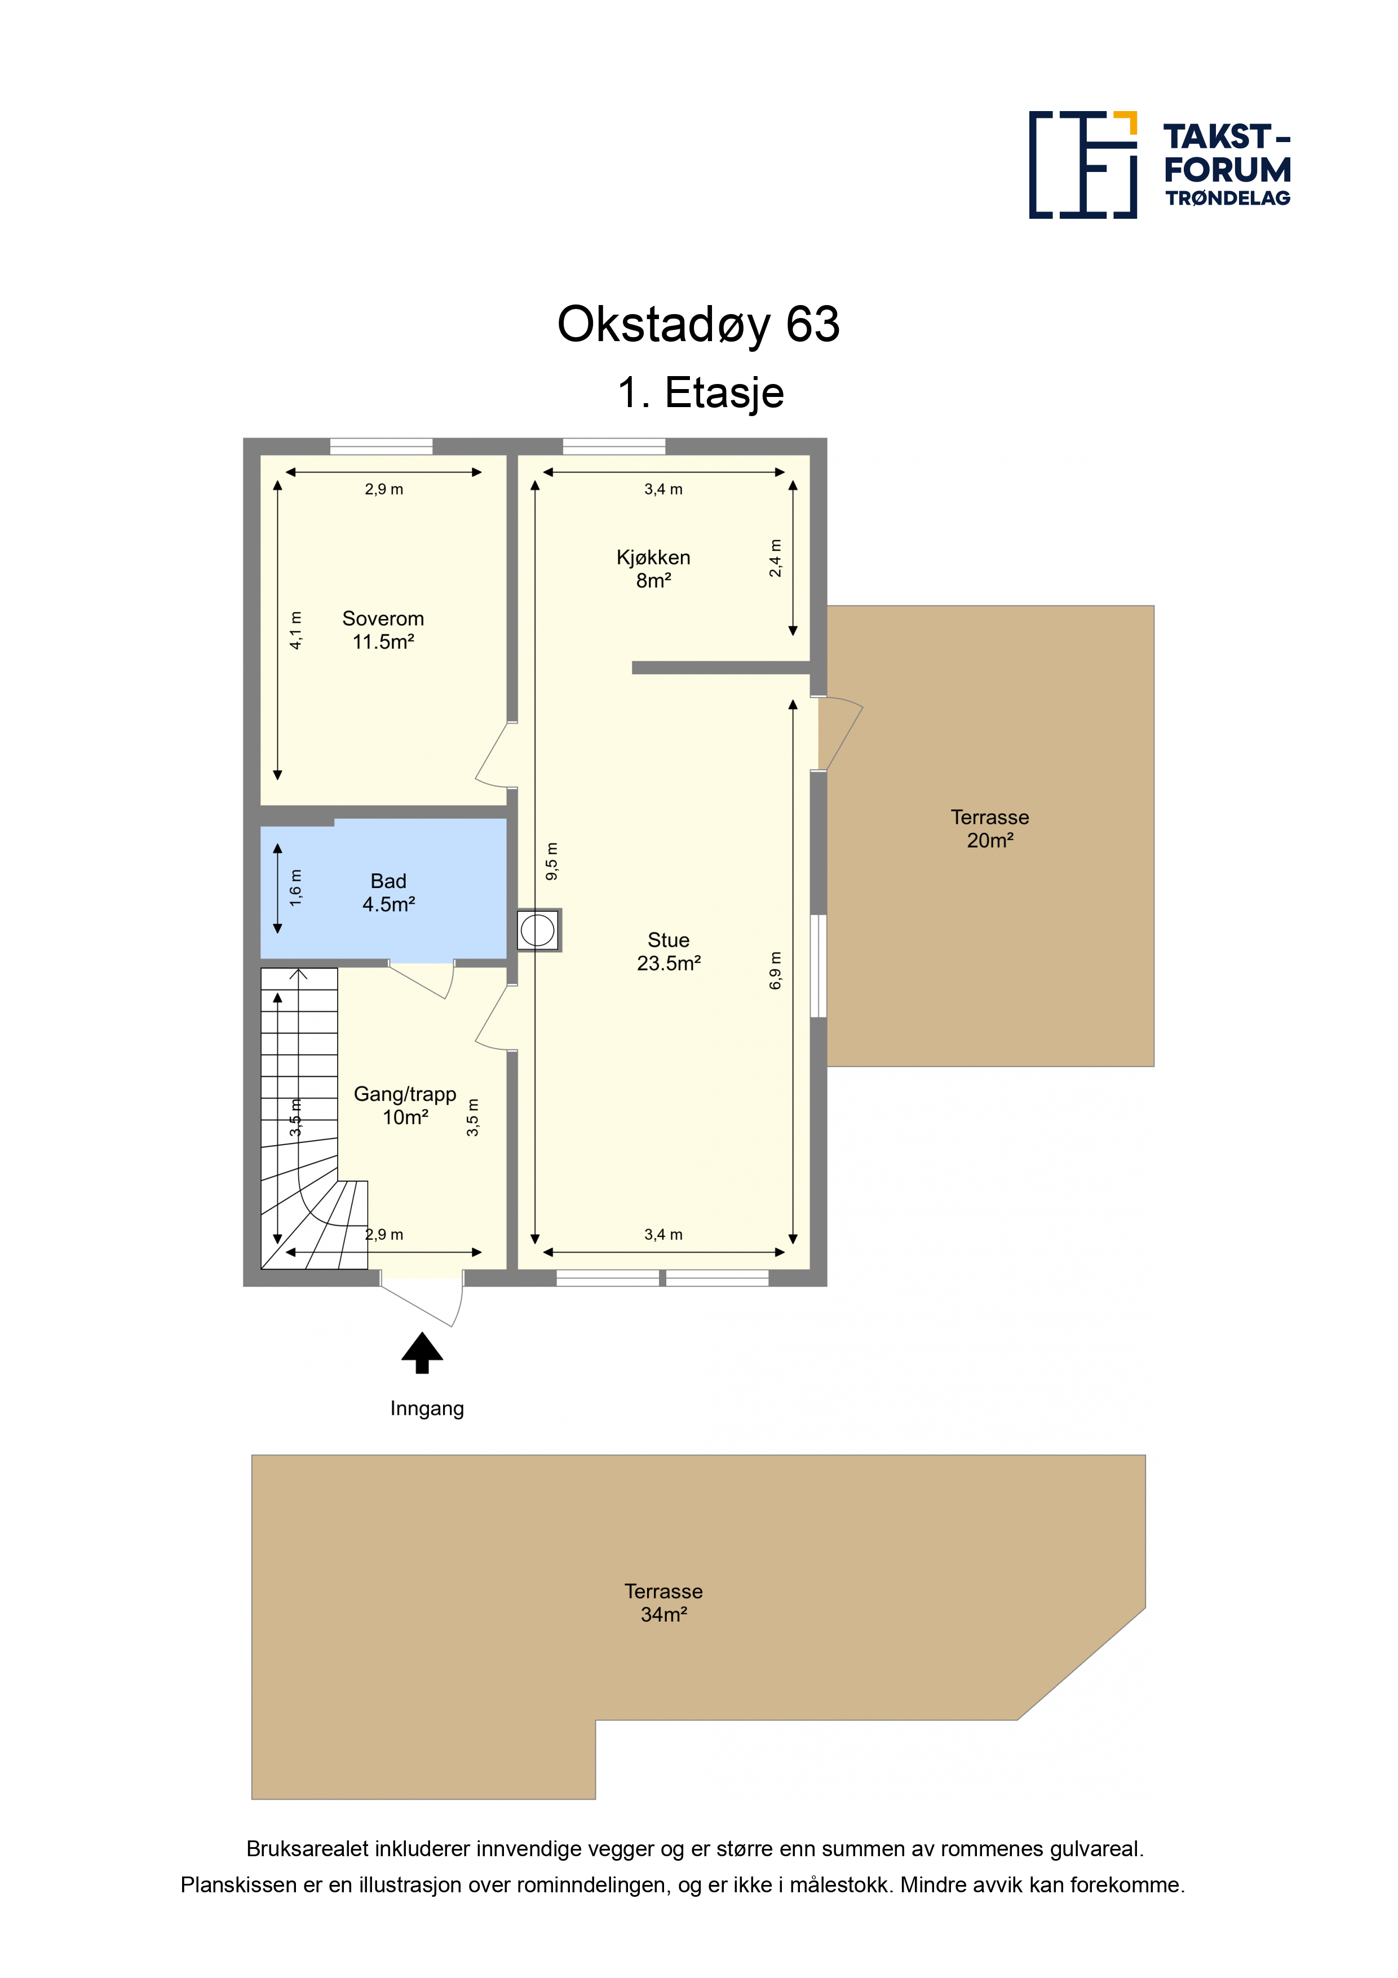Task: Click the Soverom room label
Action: (x=383, y=630)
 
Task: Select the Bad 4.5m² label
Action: (x=388, y=893)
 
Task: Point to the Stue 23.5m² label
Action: (x=669, y=951)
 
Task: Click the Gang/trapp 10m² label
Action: (x=405, y=1105)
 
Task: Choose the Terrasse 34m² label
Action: (x=663, y=1602)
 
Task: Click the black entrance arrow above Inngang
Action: (x=422, y=1353)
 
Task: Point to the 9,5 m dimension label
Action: (x=552, y=862)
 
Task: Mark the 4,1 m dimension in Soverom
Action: (x=295, y=630)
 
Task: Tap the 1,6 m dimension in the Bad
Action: (x=295, y=888)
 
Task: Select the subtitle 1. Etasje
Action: (x=700, y=393)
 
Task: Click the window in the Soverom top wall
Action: (x=382, y=446)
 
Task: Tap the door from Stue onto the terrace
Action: (x=837, y=733)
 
